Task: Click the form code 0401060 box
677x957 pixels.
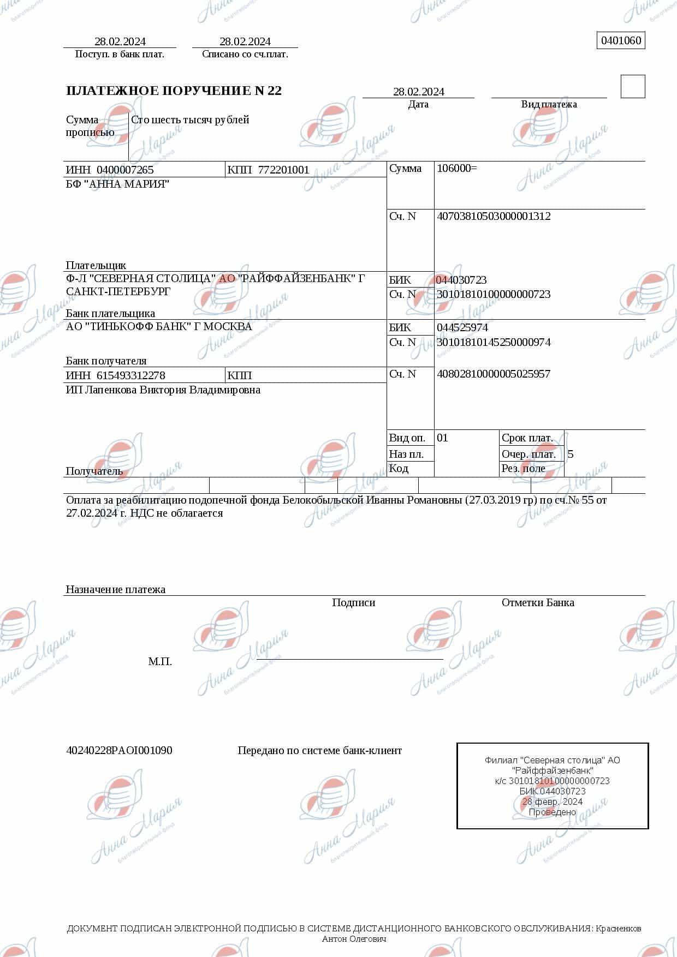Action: click(x=621, y=41)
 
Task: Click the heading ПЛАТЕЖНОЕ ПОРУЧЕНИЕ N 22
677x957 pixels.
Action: click(x=174, y=91)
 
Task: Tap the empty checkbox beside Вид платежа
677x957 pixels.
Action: click(x=633, y=87)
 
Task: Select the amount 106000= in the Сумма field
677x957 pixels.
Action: click(x=456, y=168)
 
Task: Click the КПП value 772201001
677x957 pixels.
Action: click(x=283, y=170)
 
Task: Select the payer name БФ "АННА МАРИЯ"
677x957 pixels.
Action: click(x=117, y=184)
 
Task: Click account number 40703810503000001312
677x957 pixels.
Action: click(x=494, y=216)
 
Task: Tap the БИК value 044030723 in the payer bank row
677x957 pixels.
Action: click(x=461, y=280)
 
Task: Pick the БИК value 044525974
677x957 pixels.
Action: click(x=462, y=327)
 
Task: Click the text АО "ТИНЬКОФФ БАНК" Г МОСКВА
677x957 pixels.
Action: click(x=159, y=326)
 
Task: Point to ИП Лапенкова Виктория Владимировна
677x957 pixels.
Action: click(x=163, y=390)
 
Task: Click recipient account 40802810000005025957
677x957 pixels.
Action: click(x=493, y=374)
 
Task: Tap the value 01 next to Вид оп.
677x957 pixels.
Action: click(x=442, y=438)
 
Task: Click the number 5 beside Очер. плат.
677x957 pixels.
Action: click(x=571, y=454)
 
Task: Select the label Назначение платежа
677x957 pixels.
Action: click(x=115, y=589)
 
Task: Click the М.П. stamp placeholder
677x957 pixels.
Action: click(x=160, y=661)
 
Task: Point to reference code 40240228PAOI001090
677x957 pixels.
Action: click(x=119, y=750)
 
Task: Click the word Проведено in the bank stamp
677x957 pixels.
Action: click(x=552, y=812)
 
